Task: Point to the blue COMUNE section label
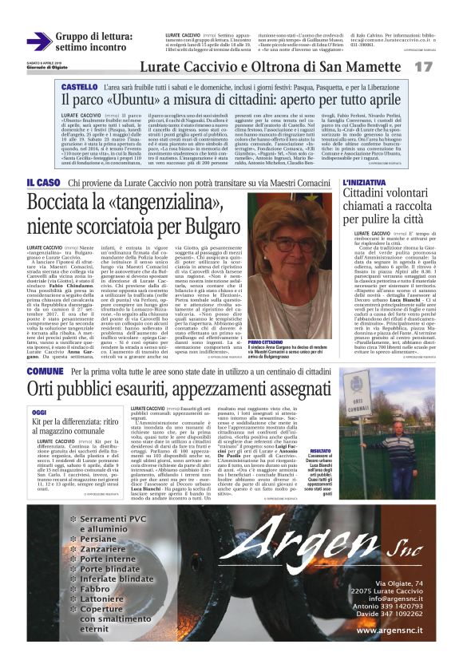coord(45,372)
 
